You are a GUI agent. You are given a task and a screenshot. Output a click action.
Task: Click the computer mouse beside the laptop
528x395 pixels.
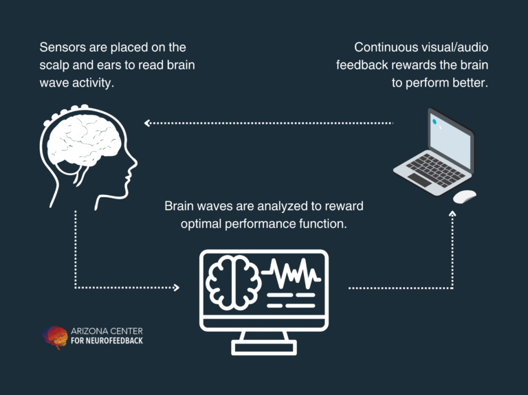(x=464, y=196)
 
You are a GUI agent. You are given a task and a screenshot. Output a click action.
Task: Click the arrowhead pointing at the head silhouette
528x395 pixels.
(x=147, y=123)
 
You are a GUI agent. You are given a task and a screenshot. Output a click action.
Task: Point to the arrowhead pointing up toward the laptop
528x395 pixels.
(x=452, y=214)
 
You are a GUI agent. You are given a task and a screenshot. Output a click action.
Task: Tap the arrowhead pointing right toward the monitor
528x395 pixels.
(x=176, y=288)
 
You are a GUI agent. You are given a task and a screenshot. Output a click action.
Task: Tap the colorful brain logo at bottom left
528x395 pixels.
(x=56, y=337)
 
